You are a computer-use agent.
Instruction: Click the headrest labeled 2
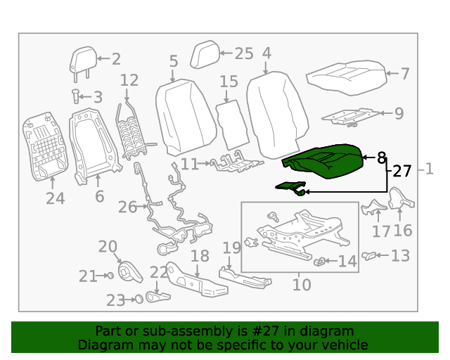click(83, 60)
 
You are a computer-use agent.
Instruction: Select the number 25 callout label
click(243, 53)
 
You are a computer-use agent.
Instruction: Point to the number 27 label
click(401, 171)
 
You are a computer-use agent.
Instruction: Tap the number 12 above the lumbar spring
click(129, 80)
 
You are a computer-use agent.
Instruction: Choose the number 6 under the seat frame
click(99, 197)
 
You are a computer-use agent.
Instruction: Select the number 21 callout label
click(88, 276)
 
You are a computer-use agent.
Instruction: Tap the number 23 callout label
click(115, 300)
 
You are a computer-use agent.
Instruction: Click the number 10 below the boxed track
click(302, 285)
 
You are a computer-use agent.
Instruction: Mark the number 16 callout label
click(403, 231)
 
